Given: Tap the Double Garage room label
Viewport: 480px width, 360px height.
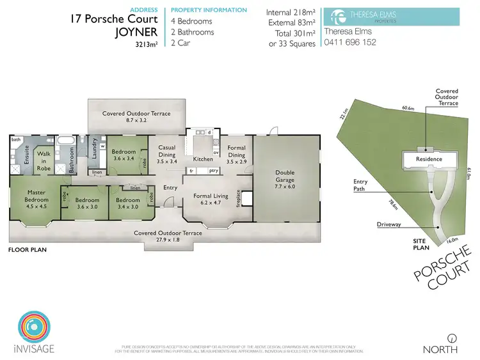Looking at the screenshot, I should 285,176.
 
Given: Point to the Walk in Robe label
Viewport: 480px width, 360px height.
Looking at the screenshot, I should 44,157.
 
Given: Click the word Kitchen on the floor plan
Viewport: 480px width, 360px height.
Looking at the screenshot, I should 202,159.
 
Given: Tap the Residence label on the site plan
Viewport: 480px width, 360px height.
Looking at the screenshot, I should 429,159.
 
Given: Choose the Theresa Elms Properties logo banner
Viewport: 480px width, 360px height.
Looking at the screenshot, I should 392,16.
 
